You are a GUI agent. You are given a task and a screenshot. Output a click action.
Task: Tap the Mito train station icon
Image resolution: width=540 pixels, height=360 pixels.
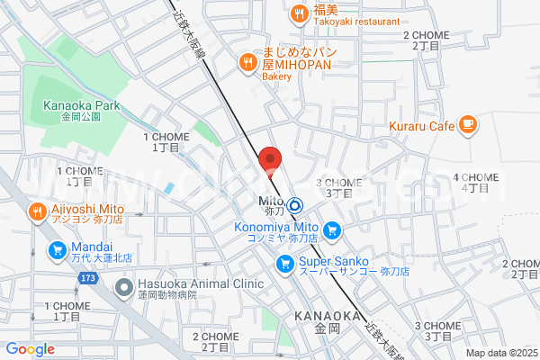293,205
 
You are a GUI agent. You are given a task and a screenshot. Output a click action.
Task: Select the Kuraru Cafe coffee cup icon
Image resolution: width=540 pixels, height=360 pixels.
467,125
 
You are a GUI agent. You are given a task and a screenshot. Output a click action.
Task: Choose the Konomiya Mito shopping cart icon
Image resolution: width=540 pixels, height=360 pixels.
332,231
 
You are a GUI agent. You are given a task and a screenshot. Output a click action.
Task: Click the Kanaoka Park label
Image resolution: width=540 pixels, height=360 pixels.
81,105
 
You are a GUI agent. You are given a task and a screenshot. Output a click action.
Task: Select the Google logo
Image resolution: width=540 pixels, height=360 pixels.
30,349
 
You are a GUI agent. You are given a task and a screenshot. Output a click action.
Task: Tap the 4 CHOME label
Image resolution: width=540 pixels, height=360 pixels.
474,177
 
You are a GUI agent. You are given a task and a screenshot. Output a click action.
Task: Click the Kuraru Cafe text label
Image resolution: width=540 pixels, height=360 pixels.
422,126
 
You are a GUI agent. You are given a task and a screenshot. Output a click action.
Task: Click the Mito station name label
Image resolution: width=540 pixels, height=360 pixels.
271,200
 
